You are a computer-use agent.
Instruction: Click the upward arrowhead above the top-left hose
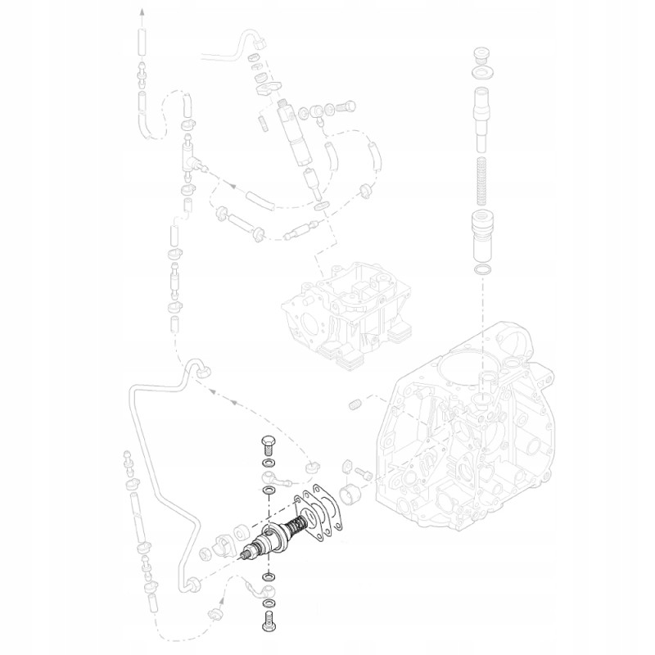(x=141, y=11)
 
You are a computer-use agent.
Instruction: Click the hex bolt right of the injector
(x=345, y=106)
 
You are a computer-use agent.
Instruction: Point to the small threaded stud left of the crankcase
(x=355, y=405)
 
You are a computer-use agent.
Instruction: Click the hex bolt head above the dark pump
(x=269, y=446)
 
